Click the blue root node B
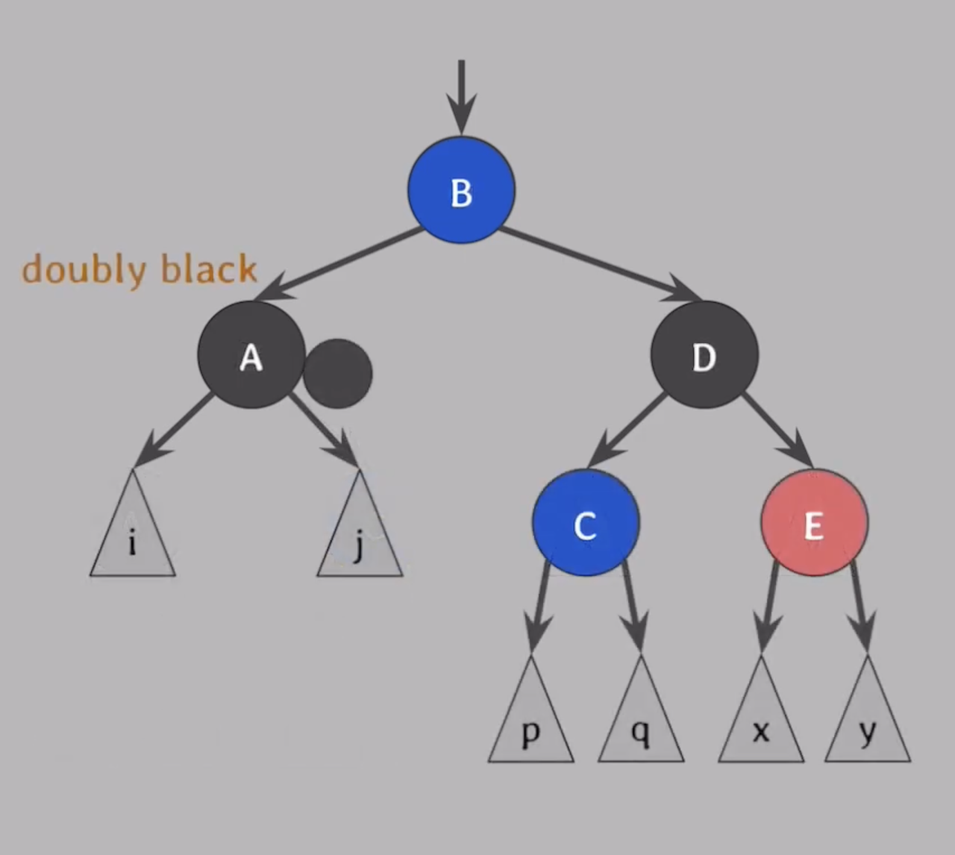pyautogui.click(x=461, y=190)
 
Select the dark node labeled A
pyautogui.click(x=251, y=355)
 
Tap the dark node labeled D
pyautogui.click(x=704, y=355)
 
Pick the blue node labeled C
pyautogui.click(x=586, y=522)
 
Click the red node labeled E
pyautogui.click(x=814, y=522)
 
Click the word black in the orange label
pyautogui.click(x=209, y=269)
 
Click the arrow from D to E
pyautogui.click(x=776, y=428)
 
